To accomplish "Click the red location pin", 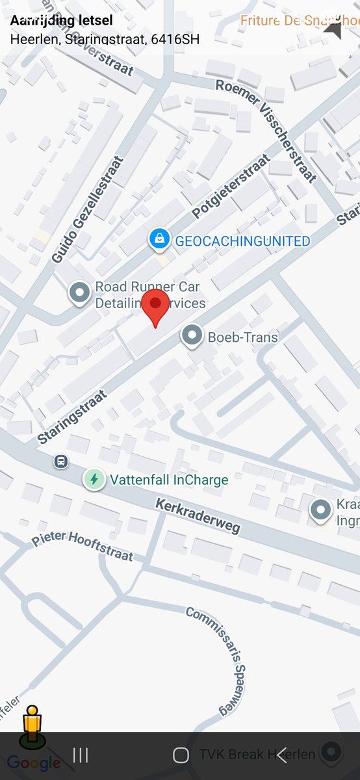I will tap(155, 305).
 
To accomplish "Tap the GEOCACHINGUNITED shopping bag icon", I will tap(159, 239).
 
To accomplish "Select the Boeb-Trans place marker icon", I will tap(191, 336).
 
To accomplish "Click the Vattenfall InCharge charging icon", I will tap(94, 480).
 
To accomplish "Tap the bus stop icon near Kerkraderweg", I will tap(61, 461).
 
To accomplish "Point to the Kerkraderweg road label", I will tap(198, 517).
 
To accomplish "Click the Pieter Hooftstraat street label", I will tap(83, 547).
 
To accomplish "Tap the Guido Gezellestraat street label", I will tap(88, 209).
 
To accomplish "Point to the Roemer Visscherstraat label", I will tap(266, 129).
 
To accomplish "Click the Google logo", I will tap(34, 763).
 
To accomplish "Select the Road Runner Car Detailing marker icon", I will tap(80, 292).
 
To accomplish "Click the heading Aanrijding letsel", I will tap(61, 21).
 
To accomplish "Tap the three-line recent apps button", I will tap(81, 755).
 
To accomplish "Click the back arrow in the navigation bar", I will tap(281, 755).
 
